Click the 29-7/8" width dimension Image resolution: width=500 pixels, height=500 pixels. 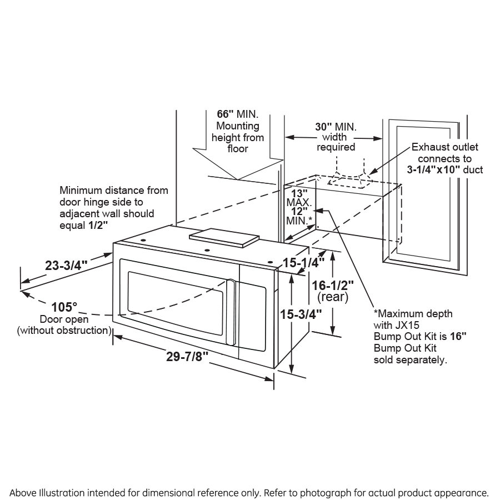[x=187, y=357]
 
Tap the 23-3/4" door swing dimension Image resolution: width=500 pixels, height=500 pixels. [x=63, y=265]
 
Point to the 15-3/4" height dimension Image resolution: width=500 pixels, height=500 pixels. [x=301, y=314]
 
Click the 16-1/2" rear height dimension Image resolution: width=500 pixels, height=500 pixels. [x=333, y=286]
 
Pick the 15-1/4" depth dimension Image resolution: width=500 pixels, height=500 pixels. [x=303, y=263]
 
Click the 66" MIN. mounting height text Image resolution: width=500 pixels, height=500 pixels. [x=237, y=114]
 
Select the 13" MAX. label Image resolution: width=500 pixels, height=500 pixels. [x=295, y=198]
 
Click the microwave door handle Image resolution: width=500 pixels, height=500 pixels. [x=231, y=311]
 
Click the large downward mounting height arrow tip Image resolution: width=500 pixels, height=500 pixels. [x=238, y=179]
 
